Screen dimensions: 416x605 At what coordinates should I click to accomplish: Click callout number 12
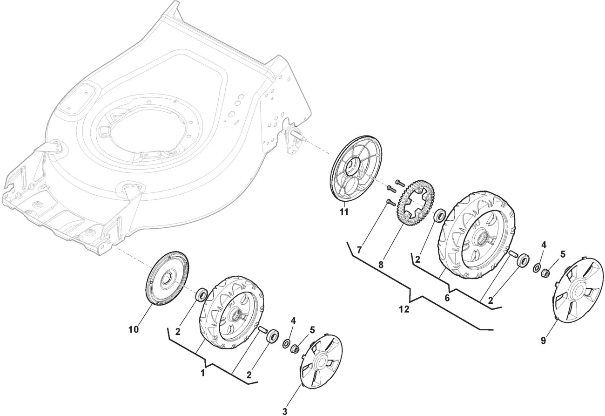(x=404, y=309)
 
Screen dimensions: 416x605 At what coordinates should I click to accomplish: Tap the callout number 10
(x=134, y=329)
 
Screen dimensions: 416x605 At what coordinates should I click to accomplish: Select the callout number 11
(x=344, y=212)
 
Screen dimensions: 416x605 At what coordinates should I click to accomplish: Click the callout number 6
(x=447, y=297)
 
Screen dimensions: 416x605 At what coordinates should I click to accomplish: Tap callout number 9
(x=543, y=340)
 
